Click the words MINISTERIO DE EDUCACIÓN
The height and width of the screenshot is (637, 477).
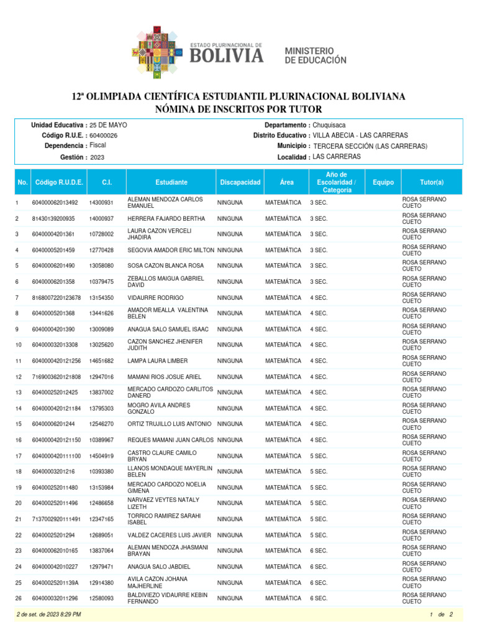tap(315, 55)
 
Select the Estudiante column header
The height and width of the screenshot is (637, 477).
tap(171, 182)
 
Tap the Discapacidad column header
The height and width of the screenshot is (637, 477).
tap(240, 182)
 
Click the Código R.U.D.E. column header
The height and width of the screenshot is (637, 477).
tap(59, 182)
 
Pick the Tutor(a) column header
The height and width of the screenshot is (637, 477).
tap(432, 182)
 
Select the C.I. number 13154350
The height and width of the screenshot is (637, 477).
tap(101, 297)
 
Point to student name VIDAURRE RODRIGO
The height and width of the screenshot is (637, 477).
tap(155, 297)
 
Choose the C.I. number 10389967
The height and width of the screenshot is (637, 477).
tap(101, 440)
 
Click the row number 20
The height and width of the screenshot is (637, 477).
tap(19, 503)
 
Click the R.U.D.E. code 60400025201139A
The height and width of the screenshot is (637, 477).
tap(55, 583)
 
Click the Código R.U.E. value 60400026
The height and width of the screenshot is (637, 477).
tap(104, 135)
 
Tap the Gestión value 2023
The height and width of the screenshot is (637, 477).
tap(97, 158)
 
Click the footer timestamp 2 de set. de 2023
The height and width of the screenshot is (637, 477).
tap(49, 615)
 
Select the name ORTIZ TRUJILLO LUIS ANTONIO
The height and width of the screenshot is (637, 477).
tap(170, 424)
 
